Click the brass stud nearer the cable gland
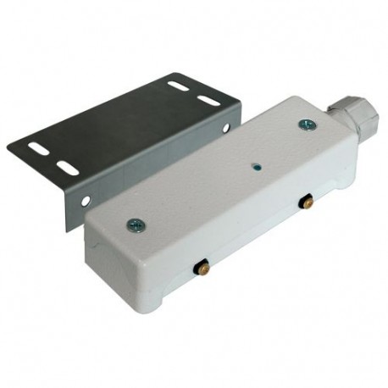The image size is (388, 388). click(308, 202)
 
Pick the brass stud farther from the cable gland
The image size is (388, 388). click(202, 267)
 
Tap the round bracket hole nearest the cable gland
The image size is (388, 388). click(225, 127)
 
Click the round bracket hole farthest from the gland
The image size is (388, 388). click(86, 201)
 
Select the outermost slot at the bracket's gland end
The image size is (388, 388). click(178, 85)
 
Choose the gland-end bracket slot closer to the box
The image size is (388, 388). click(208, 101)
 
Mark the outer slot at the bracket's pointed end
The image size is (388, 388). click(38, 147)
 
